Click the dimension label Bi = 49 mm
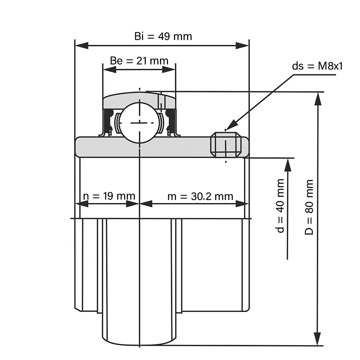tap(163, 36)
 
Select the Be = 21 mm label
tap(139, 61)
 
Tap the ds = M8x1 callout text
tap(317, 66)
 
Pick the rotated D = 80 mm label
tap(309, 207)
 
